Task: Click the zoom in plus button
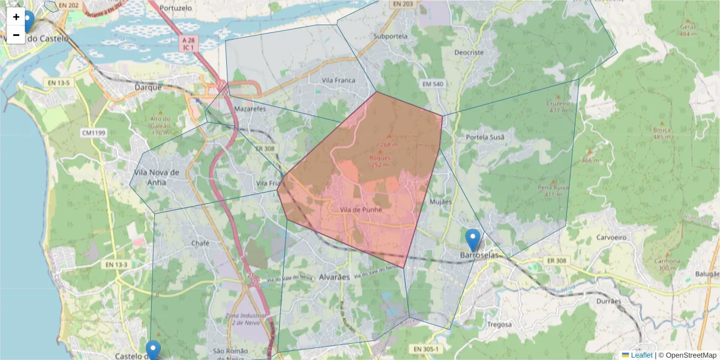coord(16,17)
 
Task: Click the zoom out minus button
coord(16,35)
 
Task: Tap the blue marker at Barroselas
coord(473,239)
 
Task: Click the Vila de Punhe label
coord(361,210)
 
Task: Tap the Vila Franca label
coord(338,80)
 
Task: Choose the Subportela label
coord(390,36)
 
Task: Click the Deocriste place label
coord(469,52)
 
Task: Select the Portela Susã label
coord(485,137)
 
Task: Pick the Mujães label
coord(441,202)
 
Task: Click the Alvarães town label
coord(334,277)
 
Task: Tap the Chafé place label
coord(200,243)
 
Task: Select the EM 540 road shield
coord(432,84)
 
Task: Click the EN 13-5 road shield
coord(59,82)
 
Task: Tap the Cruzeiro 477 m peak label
coord(558,106)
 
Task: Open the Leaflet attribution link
coord(641,355)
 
